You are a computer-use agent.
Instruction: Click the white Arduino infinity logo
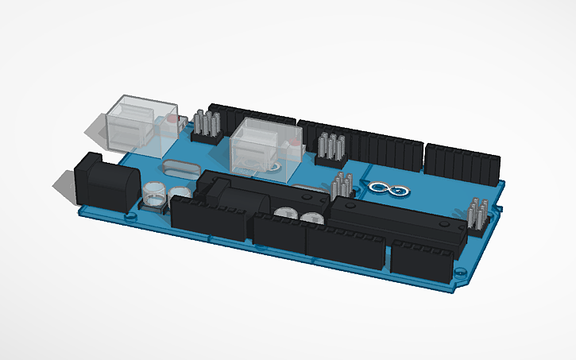point(382,188)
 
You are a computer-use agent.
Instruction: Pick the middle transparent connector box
point(263,145)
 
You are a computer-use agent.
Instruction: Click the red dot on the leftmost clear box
point(172,119)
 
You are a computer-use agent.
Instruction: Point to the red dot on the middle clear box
point(295,145)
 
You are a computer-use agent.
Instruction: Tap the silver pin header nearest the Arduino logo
point(343,184)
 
